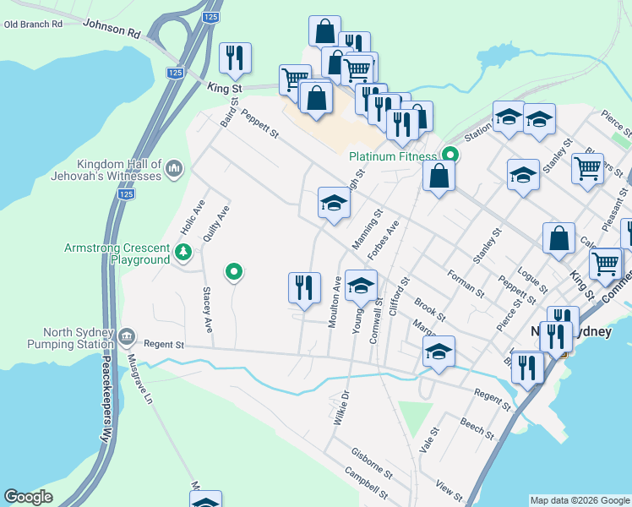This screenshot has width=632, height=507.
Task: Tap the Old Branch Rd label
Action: [34, 25]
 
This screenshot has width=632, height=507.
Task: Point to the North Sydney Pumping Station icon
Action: [127, 337]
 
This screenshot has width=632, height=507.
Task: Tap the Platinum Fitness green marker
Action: [451, 155]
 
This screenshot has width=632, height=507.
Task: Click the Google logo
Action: [29, 497]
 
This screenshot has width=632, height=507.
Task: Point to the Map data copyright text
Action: [580, 500]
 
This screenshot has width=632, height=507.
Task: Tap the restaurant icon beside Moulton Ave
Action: [304, 286]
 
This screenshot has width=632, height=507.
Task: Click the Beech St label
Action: [477, 425]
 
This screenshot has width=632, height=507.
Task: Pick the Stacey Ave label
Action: [206, 308]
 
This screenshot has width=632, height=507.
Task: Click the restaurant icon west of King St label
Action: [233, 57]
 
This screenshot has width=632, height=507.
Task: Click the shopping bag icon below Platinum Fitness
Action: [439, 177]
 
